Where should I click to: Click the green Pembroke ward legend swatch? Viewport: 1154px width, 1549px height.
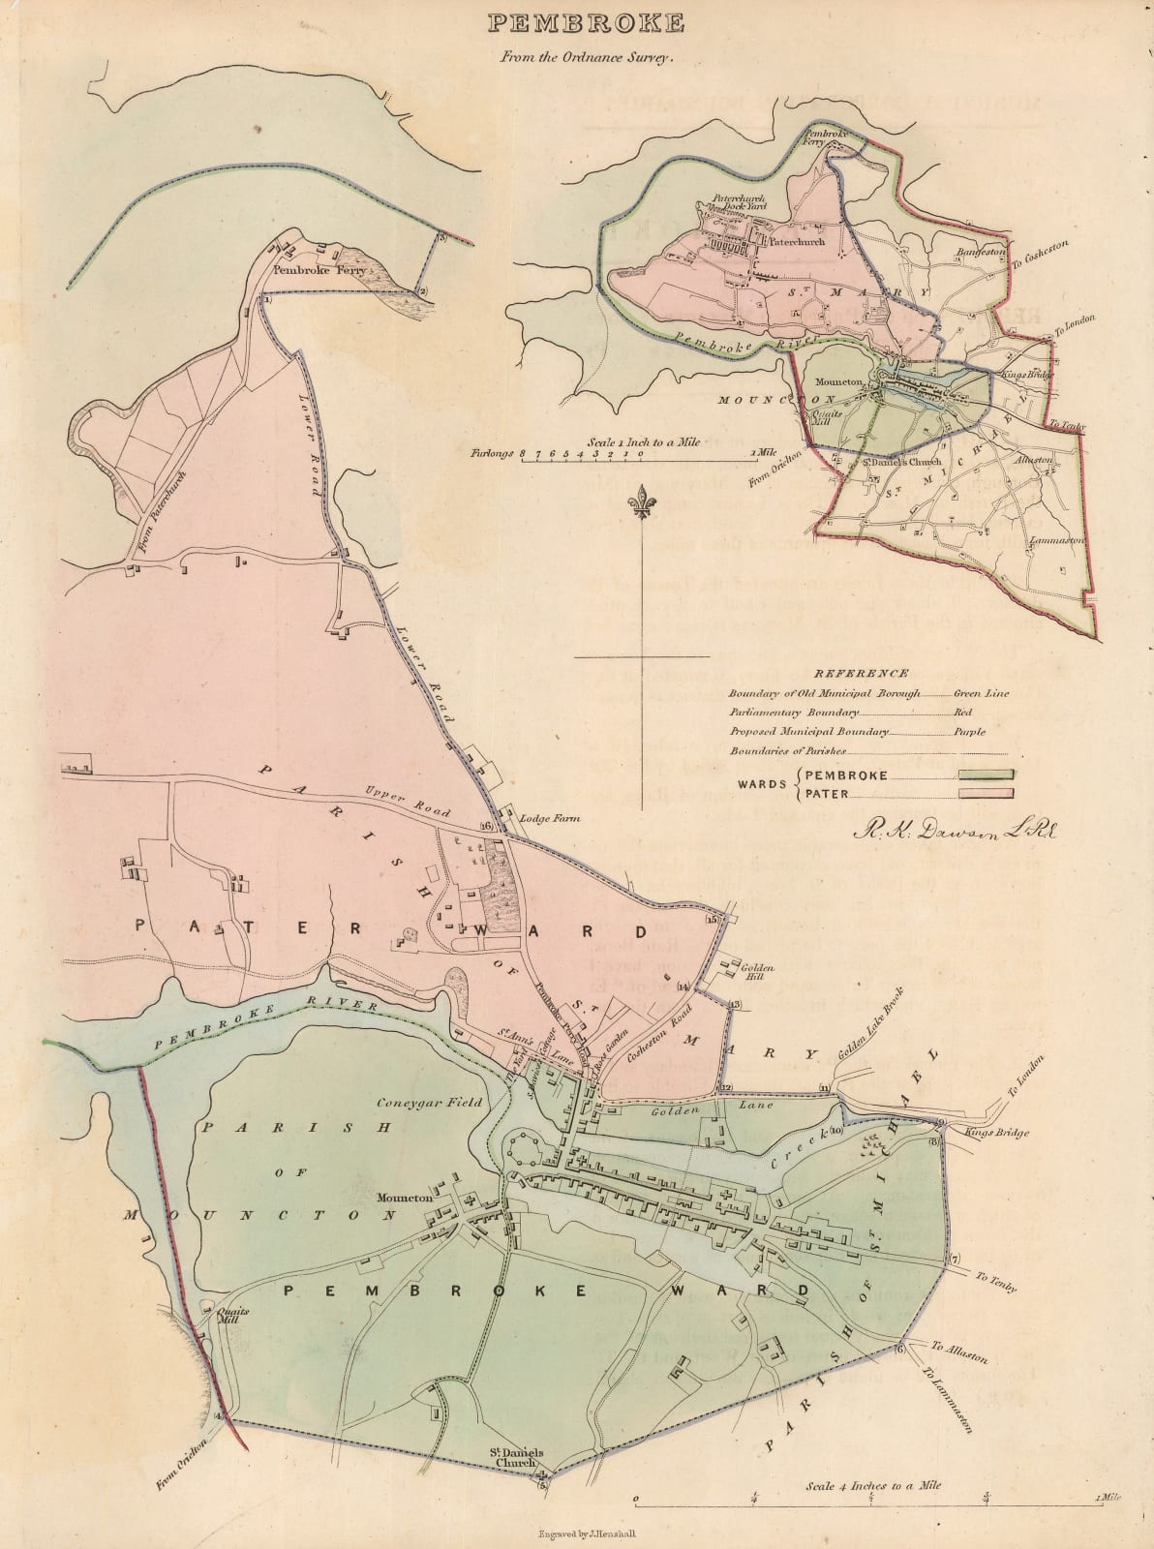987,774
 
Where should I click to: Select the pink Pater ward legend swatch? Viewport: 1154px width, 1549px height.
987,794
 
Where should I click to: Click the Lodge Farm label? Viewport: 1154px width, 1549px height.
551,819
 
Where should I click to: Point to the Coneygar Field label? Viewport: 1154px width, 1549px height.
420,1102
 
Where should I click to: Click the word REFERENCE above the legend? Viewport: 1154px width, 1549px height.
861,674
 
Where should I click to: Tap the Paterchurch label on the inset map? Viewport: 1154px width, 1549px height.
798,242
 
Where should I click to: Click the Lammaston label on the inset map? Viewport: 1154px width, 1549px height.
1062,540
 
